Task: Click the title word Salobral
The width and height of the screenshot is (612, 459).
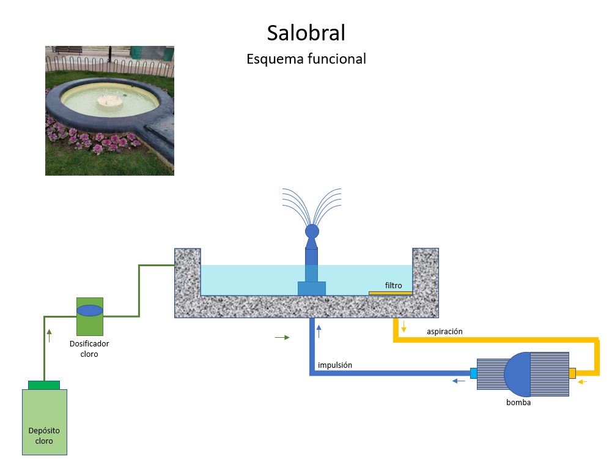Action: tap(306, 32)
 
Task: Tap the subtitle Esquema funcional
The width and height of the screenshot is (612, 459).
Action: tap(306, 59)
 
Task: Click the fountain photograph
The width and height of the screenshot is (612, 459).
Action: tap(109, 111)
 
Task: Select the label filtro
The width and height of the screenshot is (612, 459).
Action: tap(394, 285)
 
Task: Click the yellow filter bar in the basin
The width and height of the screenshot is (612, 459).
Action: tap(390, 293)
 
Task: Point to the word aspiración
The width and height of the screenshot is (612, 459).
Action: tap(444, 332)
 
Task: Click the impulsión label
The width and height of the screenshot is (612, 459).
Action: tap(334, 366)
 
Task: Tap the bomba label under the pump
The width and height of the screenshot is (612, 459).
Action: tap(518, 403)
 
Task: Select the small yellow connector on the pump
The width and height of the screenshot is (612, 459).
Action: tap(572, 373)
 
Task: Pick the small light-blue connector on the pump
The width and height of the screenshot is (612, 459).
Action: tap(473, 373)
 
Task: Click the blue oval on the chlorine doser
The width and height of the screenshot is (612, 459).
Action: tap(90, 310)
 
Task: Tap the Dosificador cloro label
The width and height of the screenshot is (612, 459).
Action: tap(89, 349)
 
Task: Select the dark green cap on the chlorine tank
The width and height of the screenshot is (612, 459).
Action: tap(44, 384)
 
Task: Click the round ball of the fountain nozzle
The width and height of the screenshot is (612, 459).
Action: tap(312, 231)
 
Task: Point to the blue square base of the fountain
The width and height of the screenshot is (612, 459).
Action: tap(311, 288)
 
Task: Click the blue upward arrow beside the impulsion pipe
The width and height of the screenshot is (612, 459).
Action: tap(319, 332)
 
